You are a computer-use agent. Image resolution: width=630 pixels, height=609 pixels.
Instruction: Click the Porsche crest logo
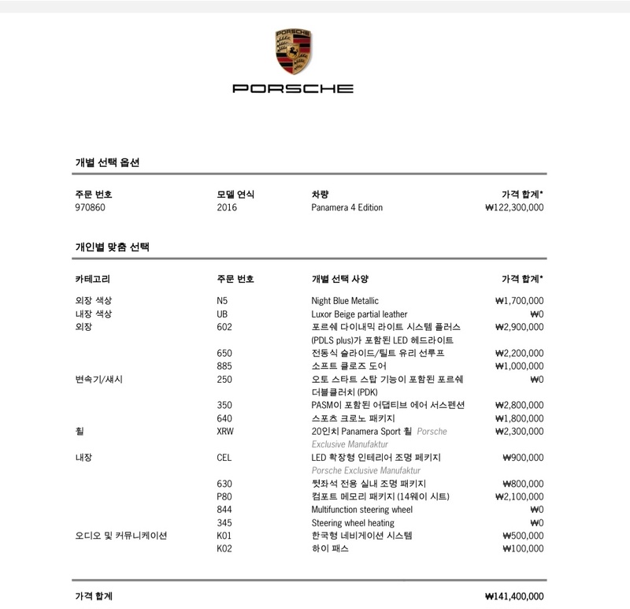coord(292,53)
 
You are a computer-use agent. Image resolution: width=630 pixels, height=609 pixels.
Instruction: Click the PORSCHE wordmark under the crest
coord(292,88)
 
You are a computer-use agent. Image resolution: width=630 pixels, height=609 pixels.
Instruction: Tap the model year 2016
coord(227,208)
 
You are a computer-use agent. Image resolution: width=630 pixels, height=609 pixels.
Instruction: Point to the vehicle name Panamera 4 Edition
coord(346,208)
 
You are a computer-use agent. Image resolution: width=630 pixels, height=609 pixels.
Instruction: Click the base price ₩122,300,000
coord(514,208)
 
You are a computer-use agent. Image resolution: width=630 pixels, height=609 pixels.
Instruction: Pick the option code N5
coord(222,300)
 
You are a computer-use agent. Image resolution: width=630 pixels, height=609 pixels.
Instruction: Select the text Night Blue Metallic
coord(345,300)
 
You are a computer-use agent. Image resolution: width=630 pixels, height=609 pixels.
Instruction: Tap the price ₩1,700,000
coord(519,300)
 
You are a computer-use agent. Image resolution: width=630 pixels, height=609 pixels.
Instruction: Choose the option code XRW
coord(225,431)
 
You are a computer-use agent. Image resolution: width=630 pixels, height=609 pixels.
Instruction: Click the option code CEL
coord(224,457)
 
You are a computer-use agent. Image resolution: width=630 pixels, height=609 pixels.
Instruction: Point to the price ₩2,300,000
coord(519,431)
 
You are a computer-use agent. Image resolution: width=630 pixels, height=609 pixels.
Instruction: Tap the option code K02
coord(224,548)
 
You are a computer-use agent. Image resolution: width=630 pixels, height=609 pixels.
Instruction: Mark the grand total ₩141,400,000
coord(514,596)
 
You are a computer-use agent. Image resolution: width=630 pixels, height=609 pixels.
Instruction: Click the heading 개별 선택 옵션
coord(107,162)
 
